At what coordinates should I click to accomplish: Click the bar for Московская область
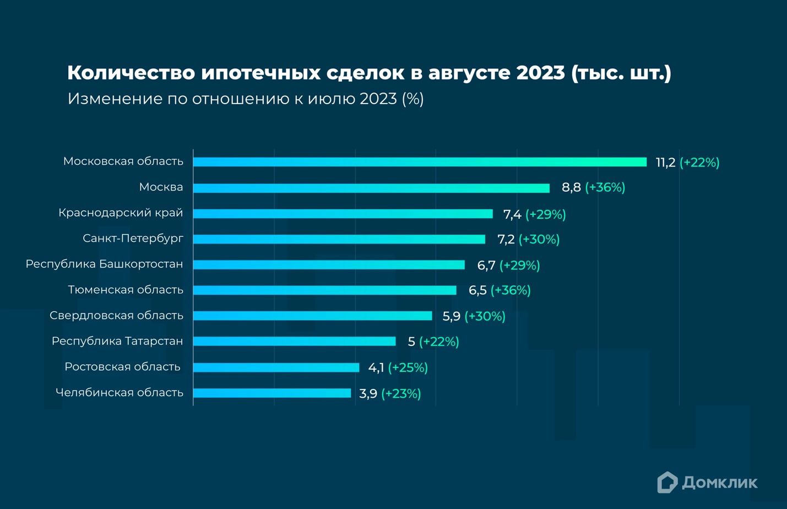(x=420, y=162)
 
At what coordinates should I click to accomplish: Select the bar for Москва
(x=371, y=188)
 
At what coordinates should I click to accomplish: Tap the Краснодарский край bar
(x=343, y=214)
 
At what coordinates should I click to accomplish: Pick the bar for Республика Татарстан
(x=294, y=342)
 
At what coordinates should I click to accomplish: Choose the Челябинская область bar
(x=272, y=393)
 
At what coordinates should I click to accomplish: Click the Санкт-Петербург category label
(x=133, y=239)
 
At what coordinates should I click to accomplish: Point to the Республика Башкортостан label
(x=104, y=264)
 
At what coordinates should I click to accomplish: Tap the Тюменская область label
(x=125, y=290)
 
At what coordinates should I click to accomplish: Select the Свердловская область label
(x=116, y=316)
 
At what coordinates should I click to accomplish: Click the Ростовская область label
(x=122, y=367)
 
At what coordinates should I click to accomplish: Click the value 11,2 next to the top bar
(x=665, y=163)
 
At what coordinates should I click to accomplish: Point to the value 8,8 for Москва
(x=571, y=188)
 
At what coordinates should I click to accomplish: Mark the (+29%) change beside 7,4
(x=545, y=214)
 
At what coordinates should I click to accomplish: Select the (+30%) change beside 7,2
(x=539, y=240)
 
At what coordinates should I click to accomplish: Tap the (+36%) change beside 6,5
(x=511, y=290)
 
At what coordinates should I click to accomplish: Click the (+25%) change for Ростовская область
(x=408, y=367)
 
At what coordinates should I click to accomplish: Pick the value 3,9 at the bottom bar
(x=368, y=393)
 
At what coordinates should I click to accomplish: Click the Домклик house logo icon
(x=667, y=483)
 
